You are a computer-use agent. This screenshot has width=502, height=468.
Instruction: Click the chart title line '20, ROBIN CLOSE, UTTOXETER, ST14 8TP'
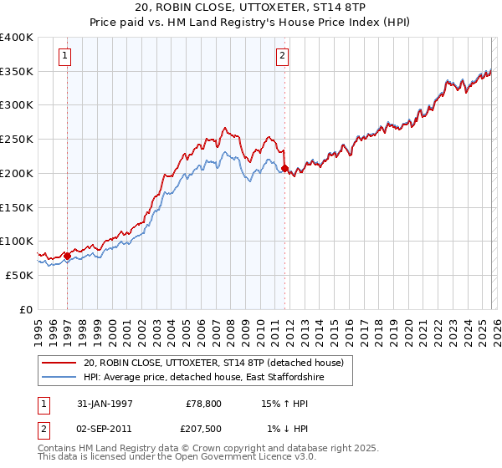[x=251, y=8]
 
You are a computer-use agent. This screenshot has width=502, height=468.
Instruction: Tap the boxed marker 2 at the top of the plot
[x=283, y=56]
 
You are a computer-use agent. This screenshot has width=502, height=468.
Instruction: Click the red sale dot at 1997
[x=67, y=256]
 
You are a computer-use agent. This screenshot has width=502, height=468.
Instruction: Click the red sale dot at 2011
[x=284, y=169]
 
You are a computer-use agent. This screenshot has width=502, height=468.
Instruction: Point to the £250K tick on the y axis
[x=17, y=140]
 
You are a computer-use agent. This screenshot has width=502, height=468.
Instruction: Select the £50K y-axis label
[x=19, y=275]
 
